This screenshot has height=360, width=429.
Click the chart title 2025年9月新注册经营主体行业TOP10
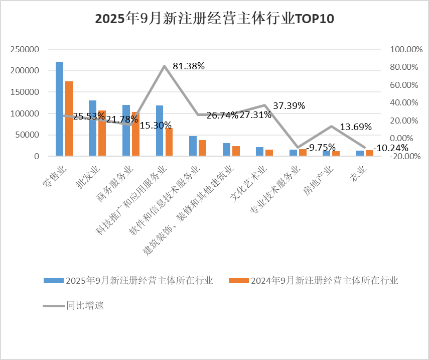tap(214, 19)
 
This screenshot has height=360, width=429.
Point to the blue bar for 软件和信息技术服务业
tap(193, 146)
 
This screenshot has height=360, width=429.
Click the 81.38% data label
tap(189, 66)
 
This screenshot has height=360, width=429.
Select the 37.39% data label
tap(289, 106)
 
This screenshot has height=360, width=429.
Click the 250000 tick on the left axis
tap(26, 49)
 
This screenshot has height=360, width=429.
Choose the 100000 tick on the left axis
tap(26, 113)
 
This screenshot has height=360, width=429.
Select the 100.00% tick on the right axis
tap(403, 49)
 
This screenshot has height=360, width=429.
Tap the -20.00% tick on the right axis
tap(403, 156)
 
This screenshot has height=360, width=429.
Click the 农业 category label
tap(358, 177)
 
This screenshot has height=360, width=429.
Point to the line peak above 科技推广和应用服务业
tap(165, 66)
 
